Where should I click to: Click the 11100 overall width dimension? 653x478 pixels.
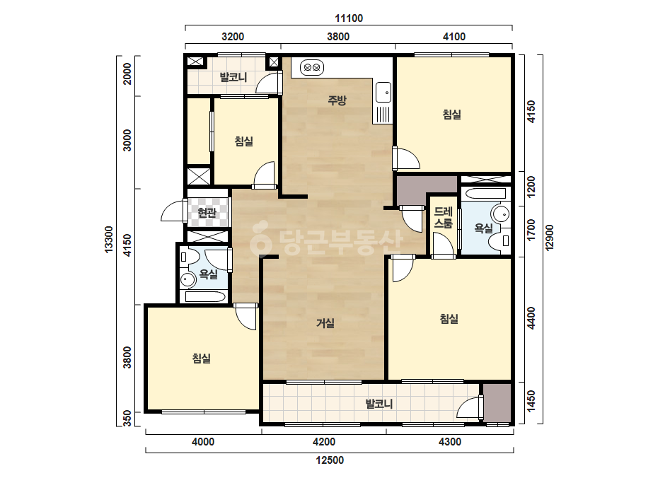click(349, 18)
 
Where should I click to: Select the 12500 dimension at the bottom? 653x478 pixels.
click(330, 460)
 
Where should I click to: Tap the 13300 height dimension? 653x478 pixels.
click(109, 240)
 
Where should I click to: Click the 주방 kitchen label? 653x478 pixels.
click(337, 100)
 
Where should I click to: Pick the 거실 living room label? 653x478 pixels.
click(325, 322)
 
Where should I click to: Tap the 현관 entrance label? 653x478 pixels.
click(207, 213)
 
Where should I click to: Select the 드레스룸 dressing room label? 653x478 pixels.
click(443, 218)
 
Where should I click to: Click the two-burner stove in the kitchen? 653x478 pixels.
click(312, 67)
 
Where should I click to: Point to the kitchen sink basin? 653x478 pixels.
click(383, 92)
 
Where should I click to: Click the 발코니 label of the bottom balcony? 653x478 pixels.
click(379, 404)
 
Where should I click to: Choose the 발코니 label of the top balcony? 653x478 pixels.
click(233, 77)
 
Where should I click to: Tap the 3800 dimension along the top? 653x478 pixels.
click(337, 37)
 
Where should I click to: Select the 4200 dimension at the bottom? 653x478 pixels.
click(323, 441)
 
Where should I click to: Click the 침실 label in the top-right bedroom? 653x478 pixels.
click(452, 115)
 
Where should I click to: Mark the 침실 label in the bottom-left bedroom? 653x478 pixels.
click(202, 358)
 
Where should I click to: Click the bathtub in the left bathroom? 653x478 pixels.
click(206, 297)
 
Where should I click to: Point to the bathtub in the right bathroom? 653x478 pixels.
click(485, 193)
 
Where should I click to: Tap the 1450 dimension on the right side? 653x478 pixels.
click(531, 402)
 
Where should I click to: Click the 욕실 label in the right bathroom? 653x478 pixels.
click(483, 228)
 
